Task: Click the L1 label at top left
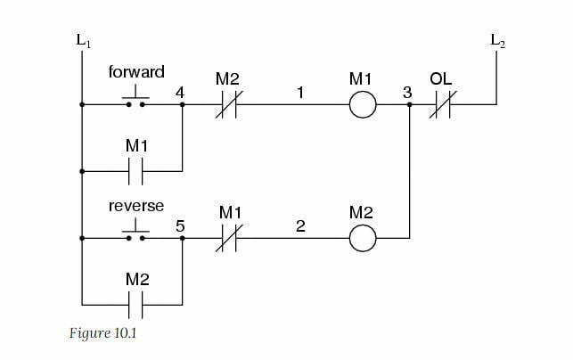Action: click(x=82, y=40)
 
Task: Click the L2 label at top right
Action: click(x=497, y=40)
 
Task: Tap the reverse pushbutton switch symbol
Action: click(x=135, y=234)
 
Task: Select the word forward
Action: click(x=136, y=71)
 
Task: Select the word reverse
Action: click(x=136, y=206)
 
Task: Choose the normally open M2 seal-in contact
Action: click(x=135, y=305)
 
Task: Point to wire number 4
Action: click(x=181, y=92)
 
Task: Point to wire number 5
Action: click(x=181, y=226)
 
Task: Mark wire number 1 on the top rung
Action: click(x=300, y=92)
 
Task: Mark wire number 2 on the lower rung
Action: click(x=300, y=227)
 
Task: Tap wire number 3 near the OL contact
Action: click(x=407, y=93)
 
